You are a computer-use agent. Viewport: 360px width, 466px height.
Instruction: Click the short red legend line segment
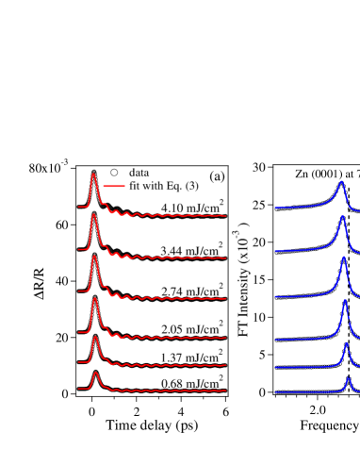(114, 186)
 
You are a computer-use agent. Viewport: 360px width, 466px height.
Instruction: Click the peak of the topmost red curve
(93, 175)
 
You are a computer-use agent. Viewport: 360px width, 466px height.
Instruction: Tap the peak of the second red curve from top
(93, 215)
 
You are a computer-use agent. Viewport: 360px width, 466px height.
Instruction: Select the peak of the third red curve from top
(94, 257)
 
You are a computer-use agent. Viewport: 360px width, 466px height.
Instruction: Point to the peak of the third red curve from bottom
(94, 299)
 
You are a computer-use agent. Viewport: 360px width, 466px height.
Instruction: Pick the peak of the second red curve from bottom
(95, 338)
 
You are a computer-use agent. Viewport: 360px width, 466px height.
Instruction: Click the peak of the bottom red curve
(95, 373)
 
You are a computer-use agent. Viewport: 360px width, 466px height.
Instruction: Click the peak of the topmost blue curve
(341, 182)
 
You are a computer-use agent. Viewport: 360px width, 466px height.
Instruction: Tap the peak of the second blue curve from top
(342, 216)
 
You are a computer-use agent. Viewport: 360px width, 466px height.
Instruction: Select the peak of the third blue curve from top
(344, 257)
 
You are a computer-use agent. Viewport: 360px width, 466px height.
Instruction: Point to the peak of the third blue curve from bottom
(345, 301)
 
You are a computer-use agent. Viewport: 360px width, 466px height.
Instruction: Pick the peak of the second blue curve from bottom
(346, 343)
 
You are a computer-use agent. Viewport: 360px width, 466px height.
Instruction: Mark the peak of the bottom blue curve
(348, 378)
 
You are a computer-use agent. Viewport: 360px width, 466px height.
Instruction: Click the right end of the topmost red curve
(225, 216)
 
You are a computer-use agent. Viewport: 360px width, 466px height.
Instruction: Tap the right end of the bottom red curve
(225, 391)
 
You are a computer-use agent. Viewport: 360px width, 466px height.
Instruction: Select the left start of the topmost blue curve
(275, 208)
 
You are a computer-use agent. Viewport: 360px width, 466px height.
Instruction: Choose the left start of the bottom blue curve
(275, 392)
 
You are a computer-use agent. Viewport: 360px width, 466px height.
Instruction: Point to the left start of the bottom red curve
(79, 389)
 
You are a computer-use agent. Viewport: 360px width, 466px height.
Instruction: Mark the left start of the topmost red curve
(79, 207)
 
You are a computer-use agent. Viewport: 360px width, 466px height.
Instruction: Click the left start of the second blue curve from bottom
(275, 368)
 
